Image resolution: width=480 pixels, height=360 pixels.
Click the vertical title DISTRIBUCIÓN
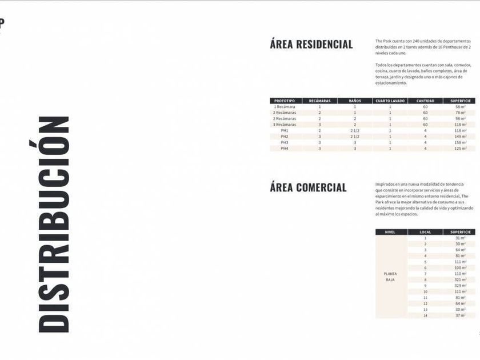[54, 224]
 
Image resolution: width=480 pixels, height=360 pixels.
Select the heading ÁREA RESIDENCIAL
[311, 45]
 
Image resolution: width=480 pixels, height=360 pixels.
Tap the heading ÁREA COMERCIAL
[309, 187]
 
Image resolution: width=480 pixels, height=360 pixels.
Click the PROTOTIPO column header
[285, 101]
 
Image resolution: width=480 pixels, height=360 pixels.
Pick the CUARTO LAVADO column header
[390, 101]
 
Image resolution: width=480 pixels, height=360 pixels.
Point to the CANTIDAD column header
[425, 101]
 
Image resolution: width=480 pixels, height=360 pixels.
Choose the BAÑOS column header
[354, 101]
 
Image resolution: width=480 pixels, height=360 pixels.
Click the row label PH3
[285, 142]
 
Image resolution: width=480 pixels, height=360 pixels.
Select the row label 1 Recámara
[285, 107]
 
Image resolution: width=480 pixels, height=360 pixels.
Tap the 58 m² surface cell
[460, 107]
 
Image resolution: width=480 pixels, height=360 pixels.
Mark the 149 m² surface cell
[460, 137]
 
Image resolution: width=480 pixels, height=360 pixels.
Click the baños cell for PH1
[354, 130]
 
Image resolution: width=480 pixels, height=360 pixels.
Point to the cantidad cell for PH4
[425, 149]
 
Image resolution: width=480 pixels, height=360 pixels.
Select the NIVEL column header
[391, 232]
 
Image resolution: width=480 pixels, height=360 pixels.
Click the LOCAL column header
[425, 232]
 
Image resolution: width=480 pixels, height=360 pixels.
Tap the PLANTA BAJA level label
[391, 277]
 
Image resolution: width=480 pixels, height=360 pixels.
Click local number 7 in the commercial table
[425, 274]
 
